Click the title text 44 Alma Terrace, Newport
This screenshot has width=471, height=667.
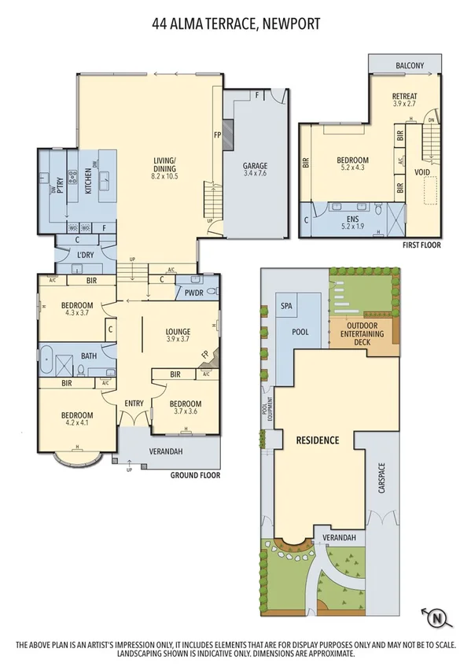[x=236, y=24]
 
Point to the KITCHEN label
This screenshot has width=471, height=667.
[x=88, y=181]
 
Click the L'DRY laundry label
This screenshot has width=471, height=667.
[x=86, y=254]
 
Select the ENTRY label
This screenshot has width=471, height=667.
[x=134, y=404]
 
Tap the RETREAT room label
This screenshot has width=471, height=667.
[x=405, y=98]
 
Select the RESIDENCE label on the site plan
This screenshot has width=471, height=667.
[x=317, y=440]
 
